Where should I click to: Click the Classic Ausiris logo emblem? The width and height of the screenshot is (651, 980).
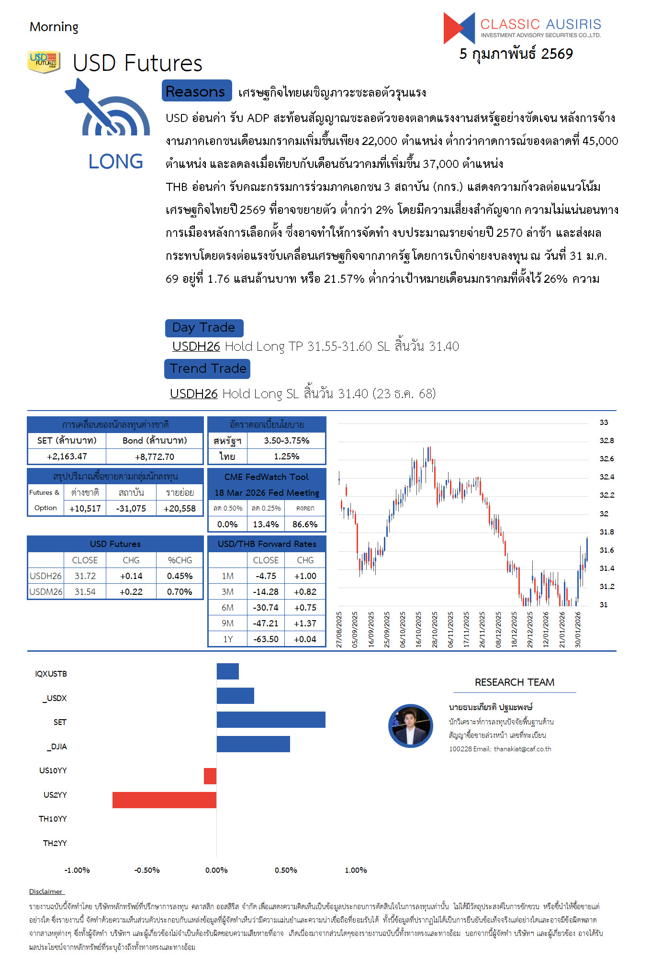pos(459,28)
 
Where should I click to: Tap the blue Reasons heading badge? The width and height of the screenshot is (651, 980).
pos(196,91)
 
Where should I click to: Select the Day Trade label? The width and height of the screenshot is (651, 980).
pos(204,328)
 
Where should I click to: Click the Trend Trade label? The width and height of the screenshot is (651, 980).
pos(207,368)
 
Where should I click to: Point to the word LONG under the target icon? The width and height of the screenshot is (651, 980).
pos(115,162)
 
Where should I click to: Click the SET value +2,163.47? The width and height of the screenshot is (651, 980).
pos(67,457)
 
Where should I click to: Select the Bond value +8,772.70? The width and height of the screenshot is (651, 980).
pos(155,457)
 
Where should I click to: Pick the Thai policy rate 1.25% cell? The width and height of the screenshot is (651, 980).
pos(286,457)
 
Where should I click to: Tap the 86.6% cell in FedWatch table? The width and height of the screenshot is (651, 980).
pos(305,524)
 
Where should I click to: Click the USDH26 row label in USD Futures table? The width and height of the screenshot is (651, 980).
pos(45,576)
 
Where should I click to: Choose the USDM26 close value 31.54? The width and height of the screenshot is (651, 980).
pos(85,592)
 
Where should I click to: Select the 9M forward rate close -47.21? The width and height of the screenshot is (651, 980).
pos(266,624)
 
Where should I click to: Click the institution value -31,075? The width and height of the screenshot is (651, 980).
pos(131,509)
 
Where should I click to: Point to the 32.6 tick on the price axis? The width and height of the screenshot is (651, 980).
pos(606,459)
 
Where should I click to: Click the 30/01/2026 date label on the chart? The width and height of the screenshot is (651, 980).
pos(578,630)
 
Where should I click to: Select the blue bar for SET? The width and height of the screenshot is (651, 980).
pos(271,720)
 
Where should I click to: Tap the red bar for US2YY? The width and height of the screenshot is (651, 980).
pos(164,800)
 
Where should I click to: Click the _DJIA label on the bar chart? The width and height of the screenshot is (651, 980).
pos(57,746)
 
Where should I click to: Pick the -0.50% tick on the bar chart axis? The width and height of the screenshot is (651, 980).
pos(147,870)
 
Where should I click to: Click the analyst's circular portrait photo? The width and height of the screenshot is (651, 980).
pos(411,726)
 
